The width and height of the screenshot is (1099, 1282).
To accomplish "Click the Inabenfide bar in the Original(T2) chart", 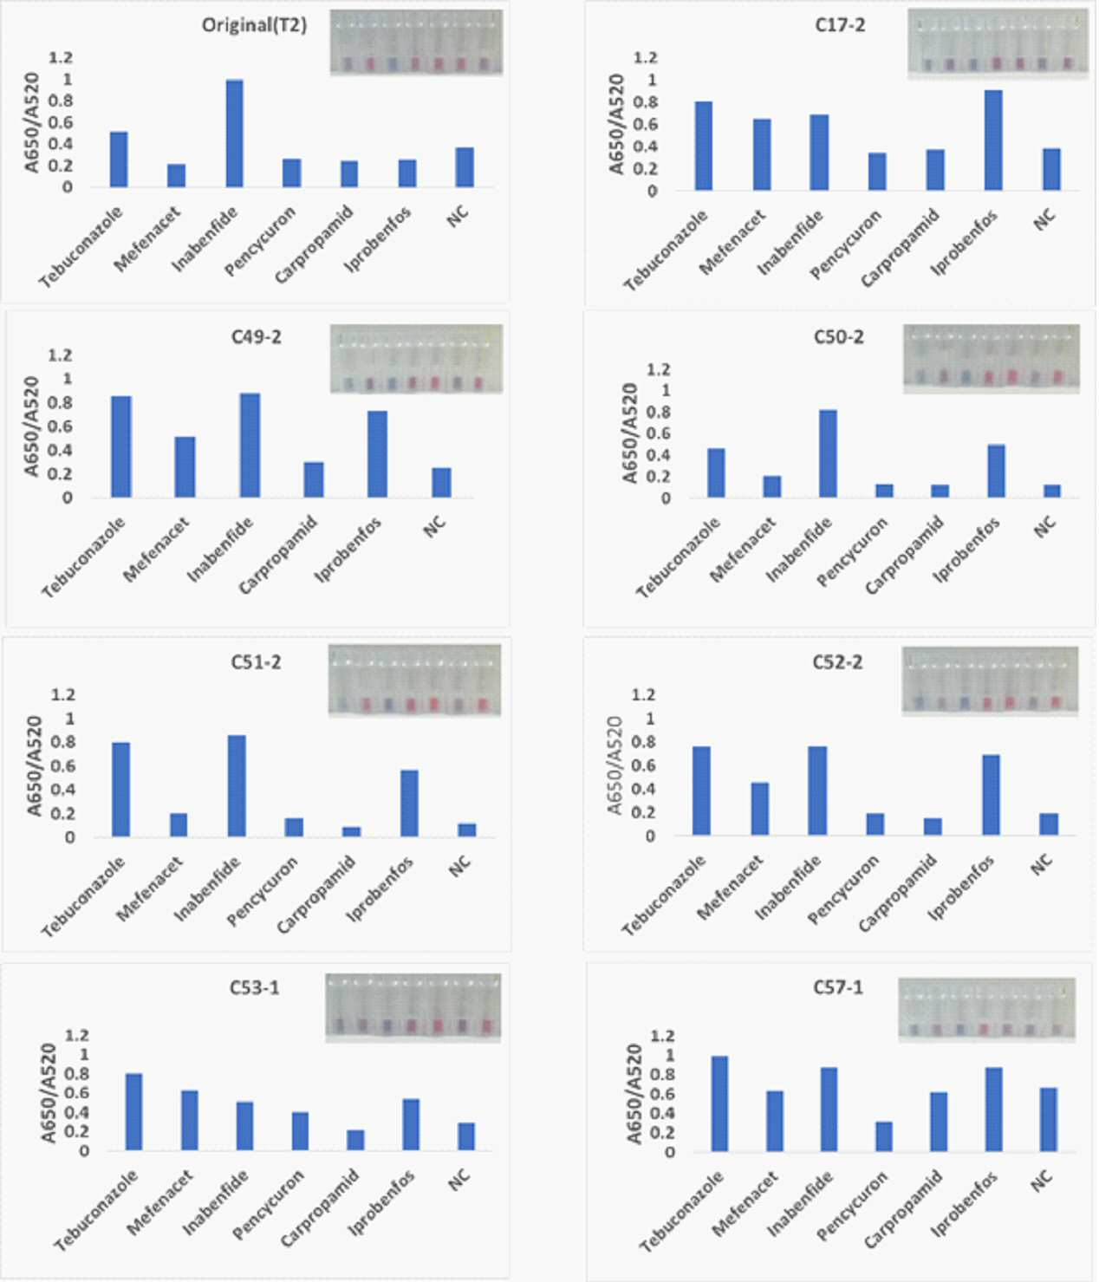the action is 234,133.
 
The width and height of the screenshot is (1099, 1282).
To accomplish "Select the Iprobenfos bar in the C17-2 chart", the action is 993,140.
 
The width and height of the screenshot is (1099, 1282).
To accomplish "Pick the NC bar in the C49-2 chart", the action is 441,483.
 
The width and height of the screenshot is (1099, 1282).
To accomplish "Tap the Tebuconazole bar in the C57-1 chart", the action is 719,1103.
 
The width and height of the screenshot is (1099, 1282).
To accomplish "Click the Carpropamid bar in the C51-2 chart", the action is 352,832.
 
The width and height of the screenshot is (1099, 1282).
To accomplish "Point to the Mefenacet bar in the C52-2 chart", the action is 760,809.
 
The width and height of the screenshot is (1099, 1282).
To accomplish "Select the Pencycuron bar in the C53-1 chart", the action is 300,1131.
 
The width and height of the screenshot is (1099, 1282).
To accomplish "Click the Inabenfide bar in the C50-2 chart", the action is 828,453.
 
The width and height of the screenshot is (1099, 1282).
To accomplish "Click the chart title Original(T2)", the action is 254,26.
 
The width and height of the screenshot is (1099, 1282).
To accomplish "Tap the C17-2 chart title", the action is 840,25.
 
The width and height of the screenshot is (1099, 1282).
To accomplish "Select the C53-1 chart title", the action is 255,986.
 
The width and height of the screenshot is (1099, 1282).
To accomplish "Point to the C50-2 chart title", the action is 838,337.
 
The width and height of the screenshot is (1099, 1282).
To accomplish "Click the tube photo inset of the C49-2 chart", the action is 416,359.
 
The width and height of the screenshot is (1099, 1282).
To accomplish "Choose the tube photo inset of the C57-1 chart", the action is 986,1008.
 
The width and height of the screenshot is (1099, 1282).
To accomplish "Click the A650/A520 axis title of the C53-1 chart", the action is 49,1093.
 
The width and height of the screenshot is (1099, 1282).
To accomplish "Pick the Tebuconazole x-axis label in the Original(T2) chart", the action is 81,247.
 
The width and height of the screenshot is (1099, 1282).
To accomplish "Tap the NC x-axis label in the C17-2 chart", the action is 1044,219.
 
